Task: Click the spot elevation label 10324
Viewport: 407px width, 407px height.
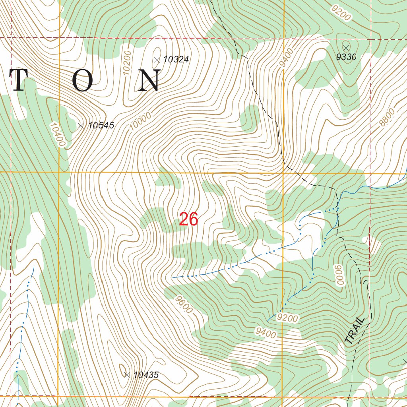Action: point(176,60)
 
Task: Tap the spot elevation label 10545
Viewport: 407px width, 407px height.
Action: point(101,126)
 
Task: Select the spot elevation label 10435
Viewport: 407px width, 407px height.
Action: point(146,374)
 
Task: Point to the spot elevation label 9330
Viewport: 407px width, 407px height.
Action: point(346,57)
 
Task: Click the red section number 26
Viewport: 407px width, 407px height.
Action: point(188,219)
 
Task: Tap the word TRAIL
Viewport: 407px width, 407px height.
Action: point(355,331)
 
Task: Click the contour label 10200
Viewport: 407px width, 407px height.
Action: point(127,63)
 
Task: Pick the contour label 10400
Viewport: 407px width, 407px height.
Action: point(57,134)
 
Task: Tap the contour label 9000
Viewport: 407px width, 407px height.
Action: point(339,274)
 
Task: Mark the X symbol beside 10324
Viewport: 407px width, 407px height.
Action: point(157,60)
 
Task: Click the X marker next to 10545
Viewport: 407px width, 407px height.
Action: point(81,126)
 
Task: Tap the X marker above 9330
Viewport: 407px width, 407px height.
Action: point(345,47)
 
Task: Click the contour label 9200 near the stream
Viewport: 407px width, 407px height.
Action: point(288,318)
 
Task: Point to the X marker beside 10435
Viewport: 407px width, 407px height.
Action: point(127,374)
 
